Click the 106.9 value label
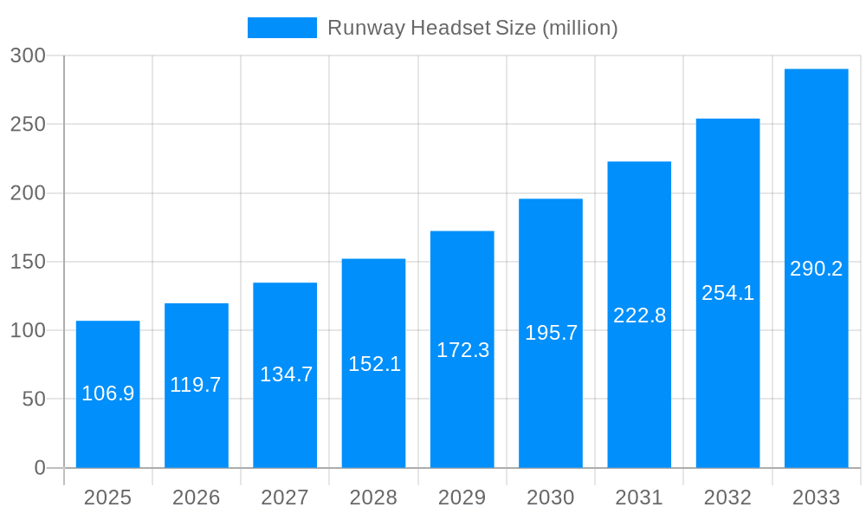tap(107, 393)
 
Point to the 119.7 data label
tap(196, 385)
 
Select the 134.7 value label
tap(286, 374)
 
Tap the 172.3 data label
tap(462, 350)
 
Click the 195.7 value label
tap(551, 333)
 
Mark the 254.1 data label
tap(727, 293)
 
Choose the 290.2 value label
tap(816, 269)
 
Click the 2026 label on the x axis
tap(196, 497)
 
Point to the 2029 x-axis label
tap(462, 497)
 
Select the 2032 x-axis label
tap(727, 497)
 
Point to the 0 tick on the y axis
tap(40, 468)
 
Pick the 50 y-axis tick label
tap(32, 400)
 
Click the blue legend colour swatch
tap(281, 28)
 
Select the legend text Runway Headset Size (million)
tap(472, 28)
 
